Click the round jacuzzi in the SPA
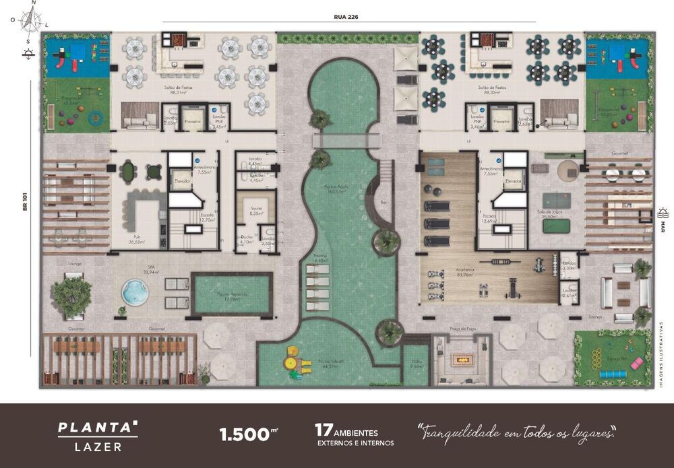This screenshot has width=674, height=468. [135, 292]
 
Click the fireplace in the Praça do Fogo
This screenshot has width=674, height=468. [462, 360]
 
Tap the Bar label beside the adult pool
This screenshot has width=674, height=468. [384, 201]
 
